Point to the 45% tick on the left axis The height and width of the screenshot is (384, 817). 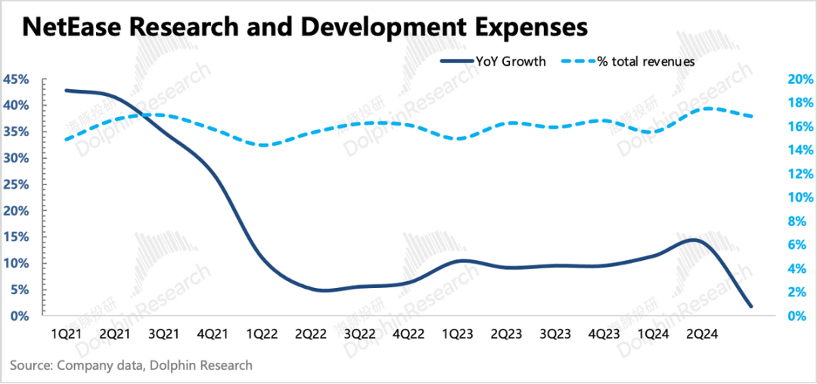pyautogui.click(x=17, y=79)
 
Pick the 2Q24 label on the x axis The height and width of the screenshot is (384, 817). pyautogui.click(x=703, y=333)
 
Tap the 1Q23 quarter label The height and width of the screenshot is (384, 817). pyautogui.click(x=457, y=333)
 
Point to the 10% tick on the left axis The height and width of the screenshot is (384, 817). pyautogui.click(x=17, y=264)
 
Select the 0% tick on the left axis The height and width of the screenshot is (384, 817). pyautogui.click(x=20, y=316)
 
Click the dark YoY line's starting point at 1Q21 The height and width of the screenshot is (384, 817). pyautogui.click(x=66, y=90)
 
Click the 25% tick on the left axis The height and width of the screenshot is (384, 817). pyautogui.click(x=17, y=184)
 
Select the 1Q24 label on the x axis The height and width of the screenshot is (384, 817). pyautogui.click(x=654, y=333)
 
